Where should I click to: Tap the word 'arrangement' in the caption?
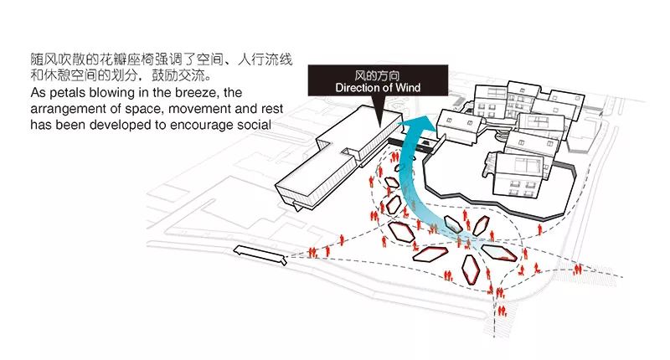pyautogui.click(x=70, y=107)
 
